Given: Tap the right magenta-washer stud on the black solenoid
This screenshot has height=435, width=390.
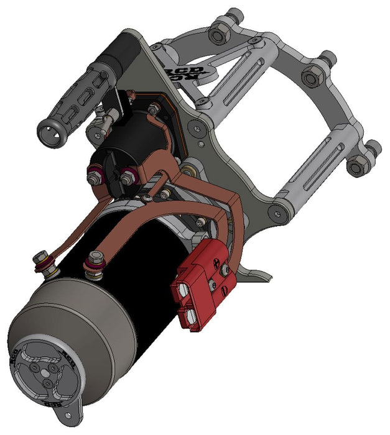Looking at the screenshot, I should [129, 176].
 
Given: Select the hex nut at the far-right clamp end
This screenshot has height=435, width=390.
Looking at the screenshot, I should [358, 167].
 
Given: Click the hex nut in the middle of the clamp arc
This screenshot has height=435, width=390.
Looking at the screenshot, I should [312, 78].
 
